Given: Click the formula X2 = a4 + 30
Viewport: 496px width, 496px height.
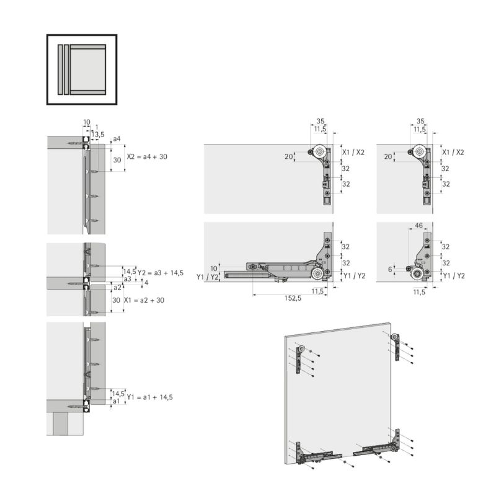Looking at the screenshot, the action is coord(147,157).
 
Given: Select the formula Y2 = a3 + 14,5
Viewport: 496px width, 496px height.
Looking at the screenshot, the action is coord(161,273).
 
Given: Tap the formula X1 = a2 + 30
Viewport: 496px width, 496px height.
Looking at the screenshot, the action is coord(144,300).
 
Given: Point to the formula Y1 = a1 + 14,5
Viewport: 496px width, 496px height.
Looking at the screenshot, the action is coord(149,397).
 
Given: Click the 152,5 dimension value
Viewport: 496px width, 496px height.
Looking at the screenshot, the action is coord(293,298).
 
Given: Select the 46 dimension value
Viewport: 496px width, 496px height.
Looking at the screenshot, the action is coord(418,226).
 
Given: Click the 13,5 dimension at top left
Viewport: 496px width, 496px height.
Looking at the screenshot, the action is coord(98,135).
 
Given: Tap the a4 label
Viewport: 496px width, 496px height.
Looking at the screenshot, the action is coord(117,138).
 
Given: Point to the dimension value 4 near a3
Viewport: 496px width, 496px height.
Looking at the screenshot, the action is coord(146,283).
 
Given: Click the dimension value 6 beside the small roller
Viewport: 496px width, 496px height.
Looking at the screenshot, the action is coord(390,269).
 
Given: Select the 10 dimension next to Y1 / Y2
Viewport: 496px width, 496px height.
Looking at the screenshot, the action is coord(214,268).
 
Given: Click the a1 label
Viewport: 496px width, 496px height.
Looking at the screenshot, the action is coord(117,401).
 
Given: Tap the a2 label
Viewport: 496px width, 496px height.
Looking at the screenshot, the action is coord(117,288).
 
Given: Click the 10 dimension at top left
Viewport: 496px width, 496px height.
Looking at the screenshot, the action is coord(87,122).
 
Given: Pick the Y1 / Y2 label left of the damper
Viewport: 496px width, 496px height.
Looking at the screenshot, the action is coord(207,277).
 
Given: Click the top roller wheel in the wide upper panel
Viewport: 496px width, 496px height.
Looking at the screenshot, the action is coord(320,152).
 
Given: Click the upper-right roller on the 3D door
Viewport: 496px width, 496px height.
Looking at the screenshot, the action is coord(395,337).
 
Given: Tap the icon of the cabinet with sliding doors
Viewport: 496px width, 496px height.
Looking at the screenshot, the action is coord(82,69).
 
